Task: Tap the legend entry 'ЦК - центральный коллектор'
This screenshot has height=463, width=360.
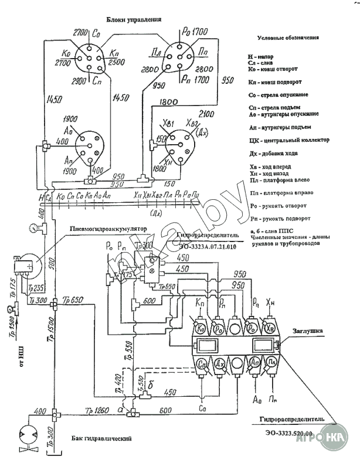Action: click(x=288, y=141)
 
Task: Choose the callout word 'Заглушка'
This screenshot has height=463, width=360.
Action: click(x=308, y=331)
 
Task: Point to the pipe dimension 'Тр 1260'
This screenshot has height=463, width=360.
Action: click(x=97, y=408)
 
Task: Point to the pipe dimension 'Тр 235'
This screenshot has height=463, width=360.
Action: click(x=36, y=288)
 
